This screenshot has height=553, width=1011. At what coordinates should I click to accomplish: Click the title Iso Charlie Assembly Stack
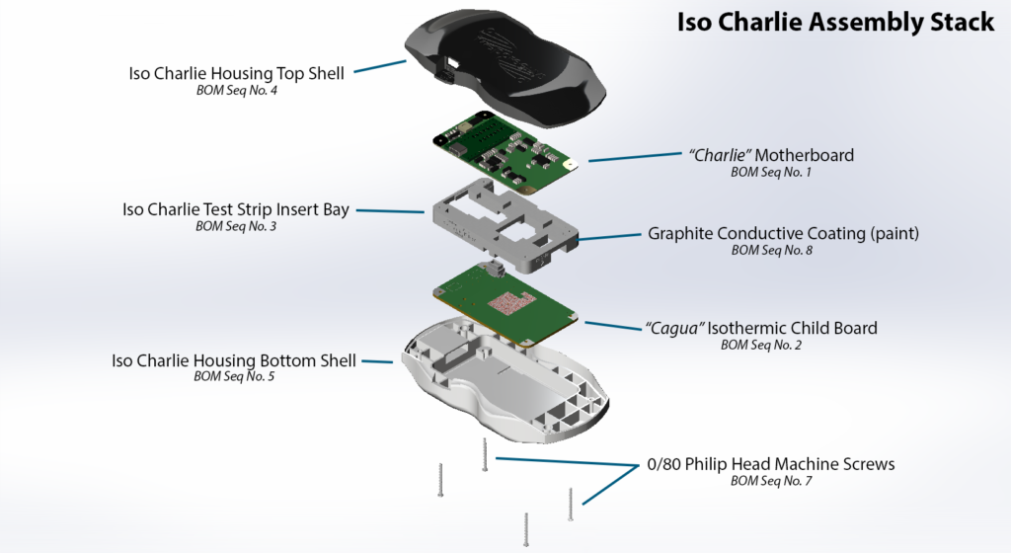pyautogui.click(x=835, y=23)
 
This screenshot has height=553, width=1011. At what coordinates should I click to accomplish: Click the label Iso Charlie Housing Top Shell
pyautogui.click(x=237, y=74)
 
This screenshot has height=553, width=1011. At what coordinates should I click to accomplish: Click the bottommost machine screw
pyautogui.click(x=526, y=528)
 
